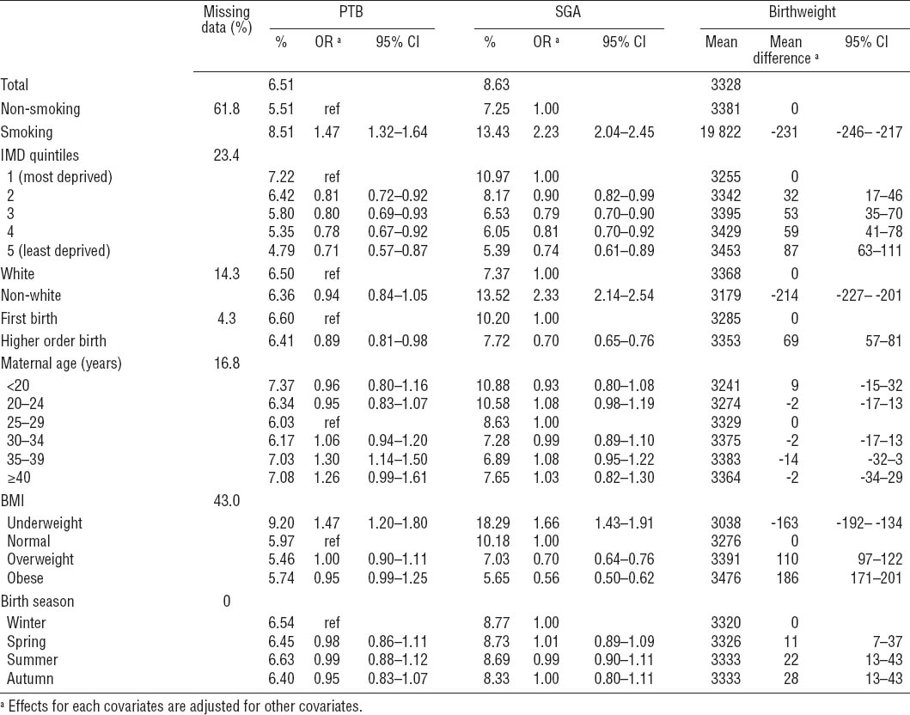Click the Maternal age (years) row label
click(x=63, y=363)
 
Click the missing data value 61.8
click(x=227, y=109)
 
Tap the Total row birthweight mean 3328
click(x=722, y=85)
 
